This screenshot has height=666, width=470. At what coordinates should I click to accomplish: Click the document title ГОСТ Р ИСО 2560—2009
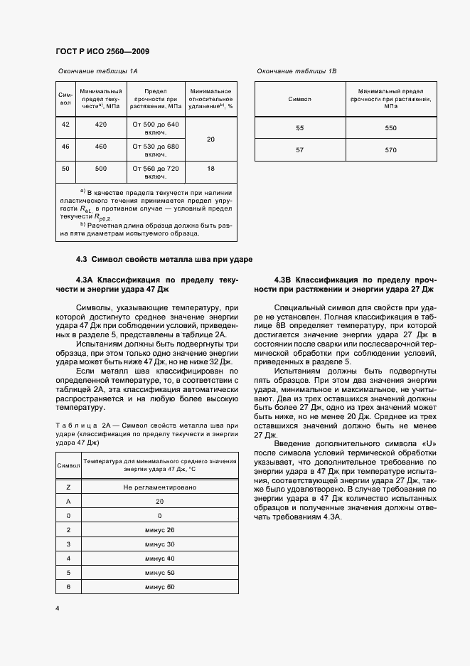pyautogui.click(x=102, y=52)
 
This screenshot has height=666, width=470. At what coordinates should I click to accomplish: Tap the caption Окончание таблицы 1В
pyautogui.click(x=297, y=72)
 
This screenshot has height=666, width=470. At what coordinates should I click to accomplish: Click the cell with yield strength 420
pyautogui.click(x=100, y=125)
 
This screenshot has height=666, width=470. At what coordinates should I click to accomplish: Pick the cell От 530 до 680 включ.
pyautogui.click(x=155, y=150)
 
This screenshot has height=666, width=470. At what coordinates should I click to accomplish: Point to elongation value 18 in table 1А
pyautogui.click(x=210, y=169)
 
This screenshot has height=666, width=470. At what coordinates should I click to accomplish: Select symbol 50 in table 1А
pyautogui.click(x=65, y=169)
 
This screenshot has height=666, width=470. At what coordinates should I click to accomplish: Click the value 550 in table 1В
pyautogui.click(x=390, y=128)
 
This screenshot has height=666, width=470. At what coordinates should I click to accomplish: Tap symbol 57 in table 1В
pyautogui.click(x=299, y=150)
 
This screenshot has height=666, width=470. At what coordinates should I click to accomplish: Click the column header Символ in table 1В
pyautogui.click(x=299, y=99)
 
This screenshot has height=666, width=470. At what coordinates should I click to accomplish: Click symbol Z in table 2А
pyautogui.click(x=68, y=487)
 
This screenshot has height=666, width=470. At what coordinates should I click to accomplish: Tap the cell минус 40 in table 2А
pyautogui.click(x=159, y=559)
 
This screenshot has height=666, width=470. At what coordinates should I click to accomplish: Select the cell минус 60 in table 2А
pyautogui.click(x=159, y=587)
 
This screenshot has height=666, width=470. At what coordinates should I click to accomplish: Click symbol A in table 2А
pyautogui.click(x=68, y=502)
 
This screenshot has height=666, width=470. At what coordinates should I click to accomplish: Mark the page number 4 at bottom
pyautogui.click(x=57, y=609)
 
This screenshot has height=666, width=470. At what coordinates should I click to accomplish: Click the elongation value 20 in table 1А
pyautogui.click(x=210, y=139)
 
